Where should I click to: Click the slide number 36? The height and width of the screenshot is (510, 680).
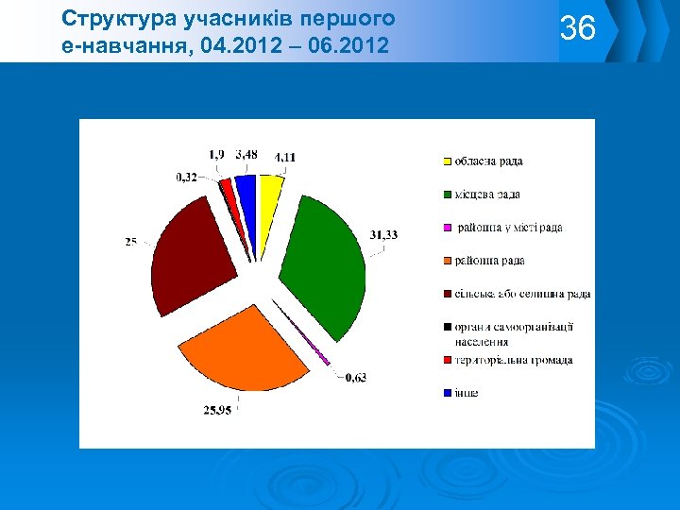click(578, 28)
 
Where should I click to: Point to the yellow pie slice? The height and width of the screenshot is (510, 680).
click(270, 189)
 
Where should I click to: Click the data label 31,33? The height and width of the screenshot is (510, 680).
click(384, 235)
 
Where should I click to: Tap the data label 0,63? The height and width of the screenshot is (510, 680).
click(356, 378)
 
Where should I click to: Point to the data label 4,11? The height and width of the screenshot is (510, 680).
click(284, 157)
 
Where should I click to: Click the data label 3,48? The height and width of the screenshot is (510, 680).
click(246, 154)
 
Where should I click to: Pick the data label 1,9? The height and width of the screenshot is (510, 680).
click(216, 154)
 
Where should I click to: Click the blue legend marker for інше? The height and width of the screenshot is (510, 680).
click(448, 394)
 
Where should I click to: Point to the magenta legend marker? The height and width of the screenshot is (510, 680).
click(448, 229)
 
